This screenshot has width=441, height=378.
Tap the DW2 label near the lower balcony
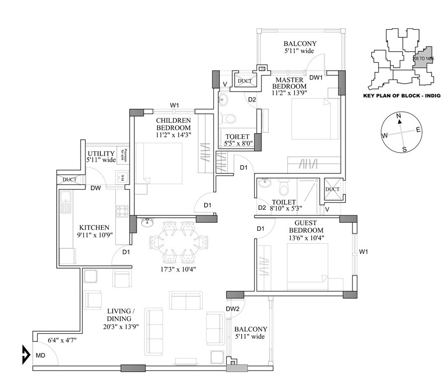pyautogui.click(x=233, y=309)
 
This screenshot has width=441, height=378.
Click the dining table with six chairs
pyautogui.click(x=177, y=240)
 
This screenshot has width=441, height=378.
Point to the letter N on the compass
pyautogui.click(x=399, y=115)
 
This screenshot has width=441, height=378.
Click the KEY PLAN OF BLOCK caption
pyautogui.click(x=402, y=97)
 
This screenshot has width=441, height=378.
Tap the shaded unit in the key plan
pyautogui.click(x=424, y=58)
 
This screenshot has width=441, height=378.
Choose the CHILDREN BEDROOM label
pyautogui.click(x=173, y=124)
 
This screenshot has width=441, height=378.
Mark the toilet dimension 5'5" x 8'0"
pyautogui.click(x=239, y=143)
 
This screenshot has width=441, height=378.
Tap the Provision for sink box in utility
pyautogui.click(x=126, y=157)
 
